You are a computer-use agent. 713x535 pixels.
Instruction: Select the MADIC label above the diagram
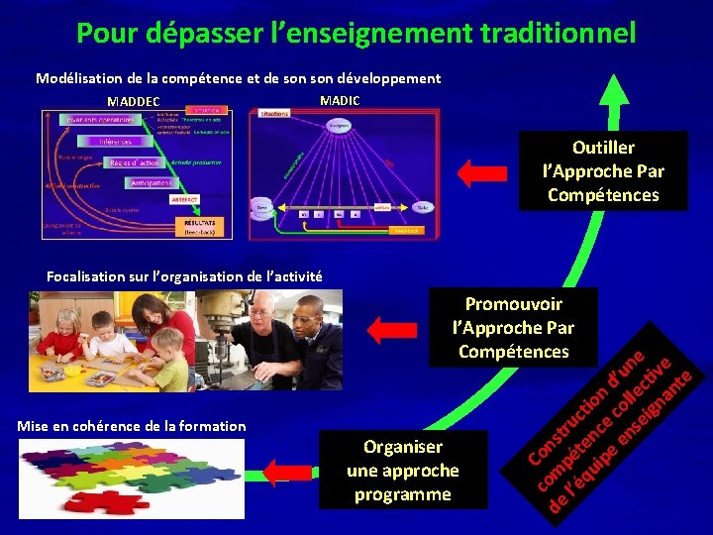[x=340, y=100]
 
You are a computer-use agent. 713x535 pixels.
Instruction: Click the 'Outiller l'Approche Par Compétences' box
[x=603, y=171]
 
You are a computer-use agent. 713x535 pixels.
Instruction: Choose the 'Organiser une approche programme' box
[x=403, y=470]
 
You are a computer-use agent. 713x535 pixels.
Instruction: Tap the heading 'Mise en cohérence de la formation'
[x=132, y=426]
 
